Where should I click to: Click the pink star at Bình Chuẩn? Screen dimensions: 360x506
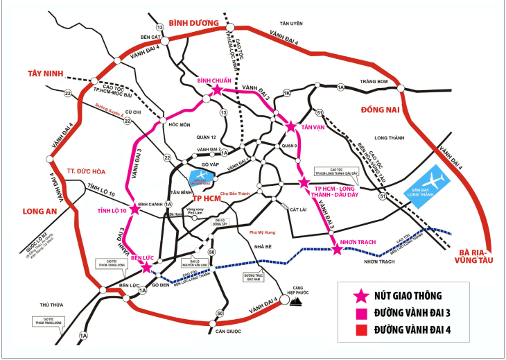pyautogui.click(x=217, y=90)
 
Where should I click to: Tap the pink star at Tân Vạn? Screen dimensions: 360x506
pyautogui.click(x=291, y=127)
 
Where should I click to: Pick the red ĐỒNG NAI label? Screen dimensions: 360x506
pyautogui.click(x=382, y=110)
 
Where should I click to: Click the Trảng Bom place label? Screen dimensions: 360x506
pyautogui.click(x=372, y=81)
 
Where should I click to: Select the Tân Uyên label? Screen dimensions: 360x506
pyautogui.click(x=292, y=23)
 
